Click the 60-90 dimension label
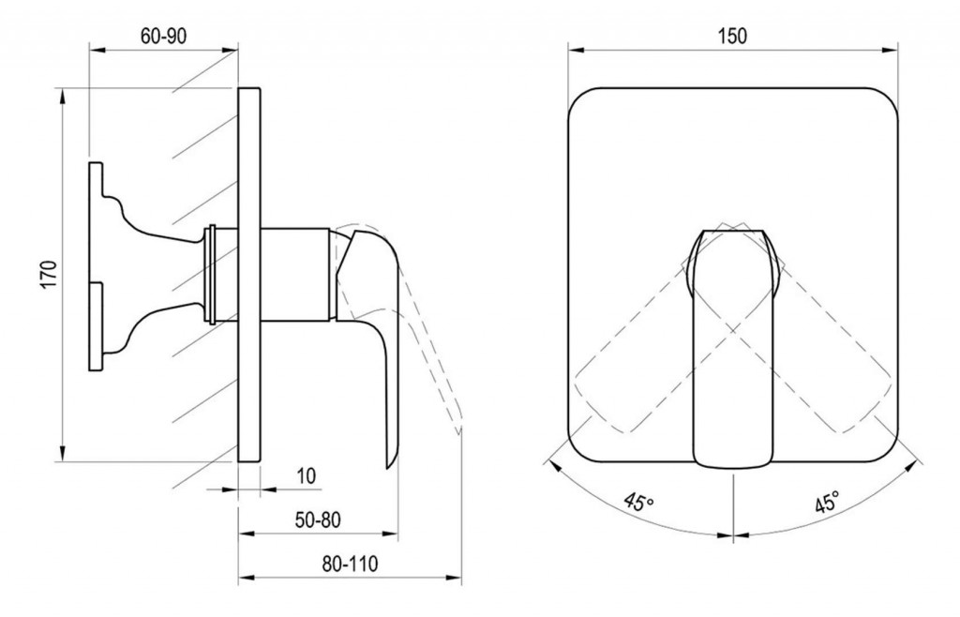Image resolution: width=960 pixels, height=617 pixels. [x=163, y=37]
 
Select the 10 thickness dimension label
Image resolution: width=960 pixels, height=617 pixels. [x=307, y=475]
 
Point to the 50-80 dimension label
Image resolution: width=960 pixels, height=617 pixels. [x=317, y=519]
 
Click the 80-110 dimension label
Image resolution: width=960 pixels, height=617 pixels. [x=350, y=564]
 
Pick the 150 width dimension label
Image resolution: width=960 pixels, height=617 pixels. [x=733, y=37]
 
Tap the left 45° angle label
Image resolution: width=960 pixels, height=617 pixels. [x=639, y=501]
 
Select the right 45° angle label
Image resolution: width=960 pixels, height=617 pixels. [x=826, y=502]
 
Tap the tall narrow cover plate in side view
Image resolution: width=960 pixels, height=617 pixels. [x=249, y=275]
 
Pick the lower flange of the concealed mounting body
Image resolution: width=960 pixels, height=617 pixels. [x=97, y=326]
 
